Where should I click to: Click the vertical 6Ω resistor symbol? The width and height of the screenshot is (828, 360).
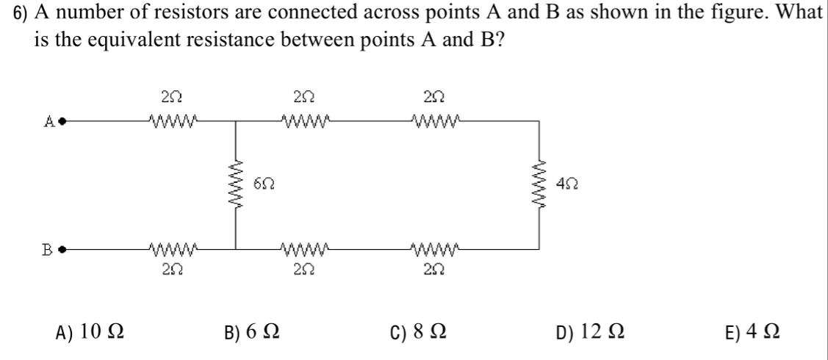tap(237, 186)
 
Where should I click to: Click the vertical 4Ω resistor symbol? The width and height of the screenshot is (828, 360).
tap(542, 185)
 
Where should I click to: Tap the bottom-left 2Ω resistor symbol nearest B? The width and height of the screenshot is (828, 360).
tap(168, 248)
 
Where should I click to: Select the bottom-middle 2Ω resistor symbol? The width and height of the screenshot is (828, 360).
tap(300, 248)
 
